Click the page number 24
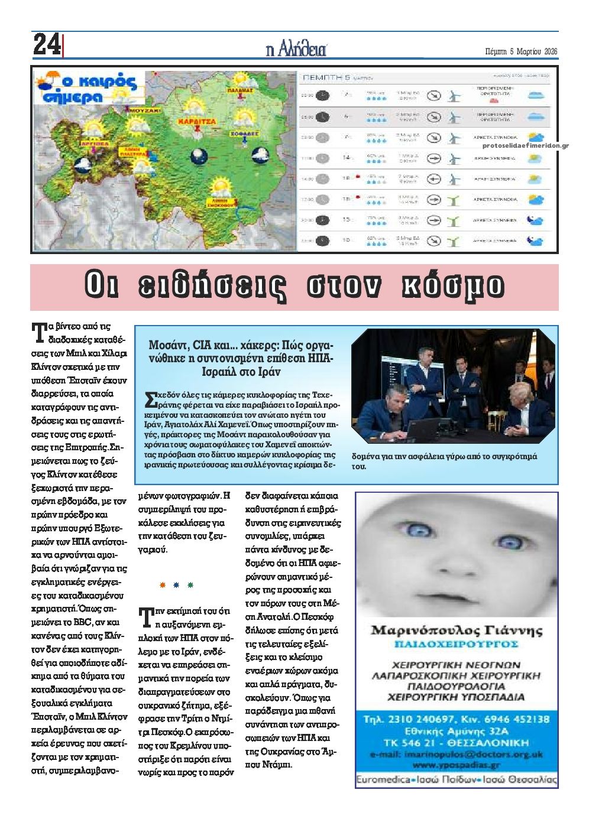pos(46,45)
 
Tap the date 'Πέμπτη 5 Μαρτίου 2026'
pos(520,51)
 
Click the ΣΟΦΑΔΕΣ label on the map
pos(244,134)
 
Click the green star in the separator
pos(190,585)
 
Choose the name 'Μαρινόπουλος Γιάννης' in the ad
pos(456,630)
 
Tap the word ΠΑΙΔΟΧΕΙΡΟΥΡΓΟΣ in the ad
pos(456,643)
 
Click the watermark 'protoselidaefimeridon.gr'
pos(526,145)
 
